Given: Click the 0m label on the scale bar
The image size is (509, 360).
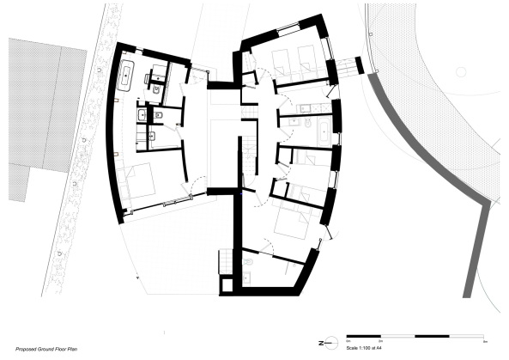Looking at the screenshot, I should tap(348, 342).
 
